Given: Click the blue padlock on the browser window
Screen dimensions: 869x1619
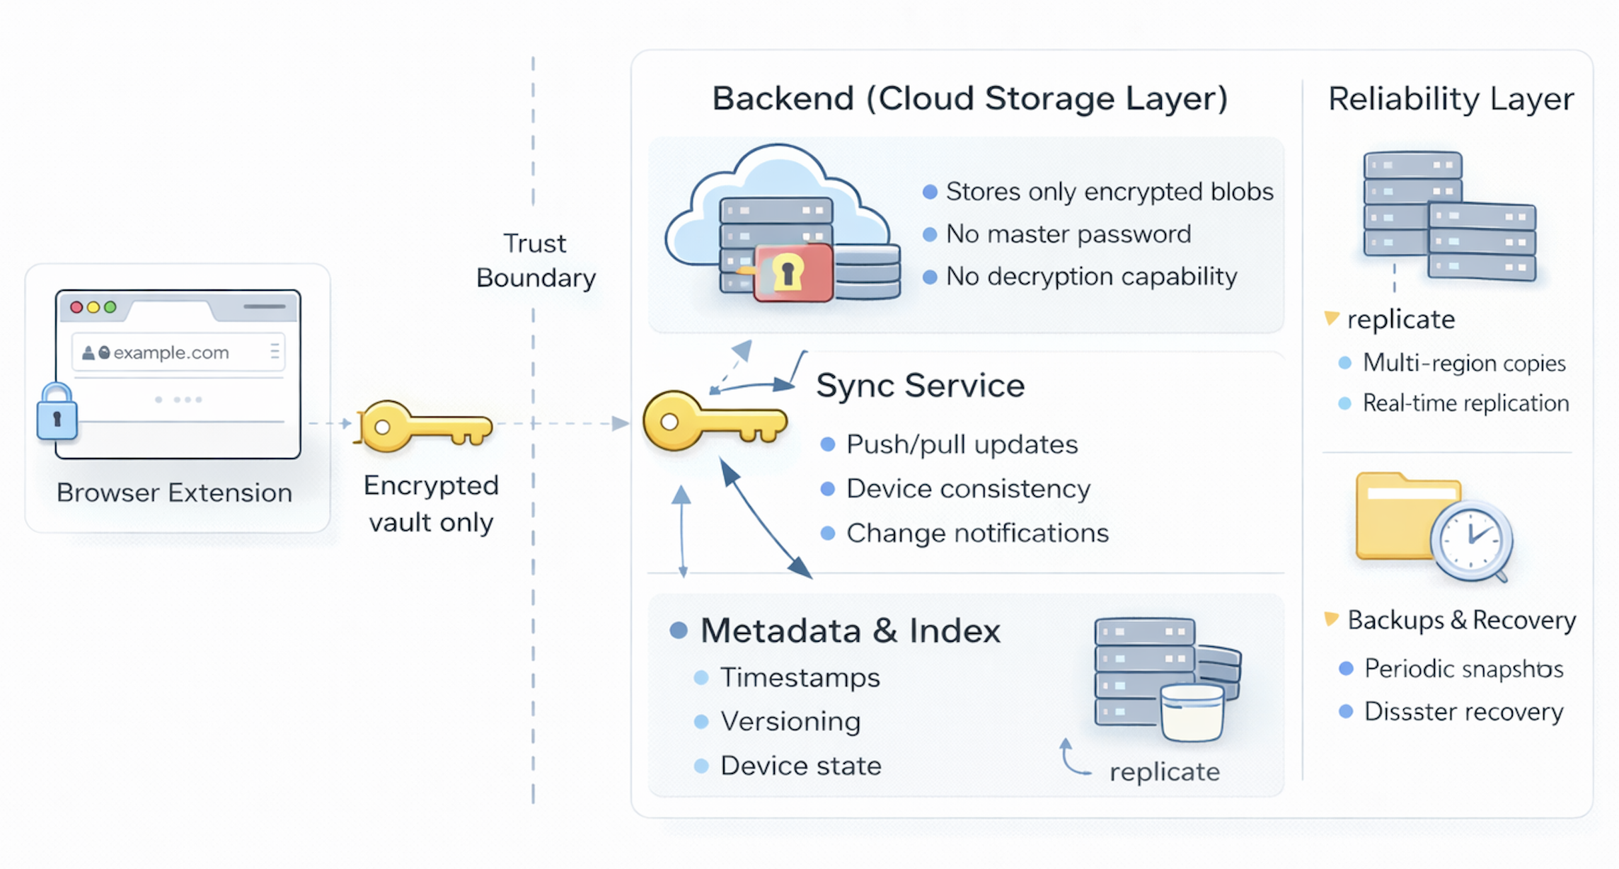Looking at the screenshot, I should tap(57, 413).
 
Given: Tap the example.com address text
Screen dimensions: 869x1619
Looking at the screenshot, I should tap(171, 352).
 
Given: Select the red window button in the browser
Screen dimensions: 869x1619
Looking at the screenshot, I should tap(76, 307).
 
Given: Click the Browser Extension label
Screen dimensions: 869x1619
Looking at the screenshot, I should tap(174, 493).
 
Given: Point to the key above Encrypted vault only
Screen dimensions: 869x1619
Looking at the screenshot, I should tap(425, 425).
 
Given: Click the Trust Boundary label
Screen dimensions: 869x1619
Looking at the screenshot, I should tap(536, 260).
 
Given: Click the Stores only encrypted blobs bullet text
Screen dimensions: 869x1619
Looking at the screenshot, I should tap(1109, 192).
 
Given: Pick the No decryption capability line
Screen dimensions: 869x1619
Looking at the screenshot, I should tap(1091, 277).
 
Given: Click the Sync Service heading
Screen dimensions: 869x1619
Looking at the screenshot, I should tap(920, 386).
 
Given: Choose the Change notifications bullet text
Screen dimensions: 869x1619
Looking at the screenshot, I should tap(977, 534).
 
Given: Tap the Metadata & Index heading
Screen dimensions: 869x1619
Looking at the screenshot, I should tap(850, 631).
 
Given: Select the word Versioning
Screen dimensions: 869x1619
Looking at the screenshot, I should tap(790, 722).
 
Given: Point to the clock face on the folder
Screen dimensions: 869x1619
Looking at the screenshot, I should tap(1470, 539).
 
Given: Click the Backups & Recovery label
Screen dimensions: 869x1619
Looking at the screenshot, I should tap(1461, 621).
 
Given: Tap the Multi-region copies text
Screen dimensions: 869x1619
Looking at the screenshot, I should tap(1463, 363).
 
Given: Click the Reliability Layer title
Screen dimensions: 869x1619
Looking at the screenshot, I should tap(1451, 98).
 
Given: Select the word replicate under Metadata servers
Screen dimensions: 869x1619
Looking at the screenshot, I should tap(1164, 771).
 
